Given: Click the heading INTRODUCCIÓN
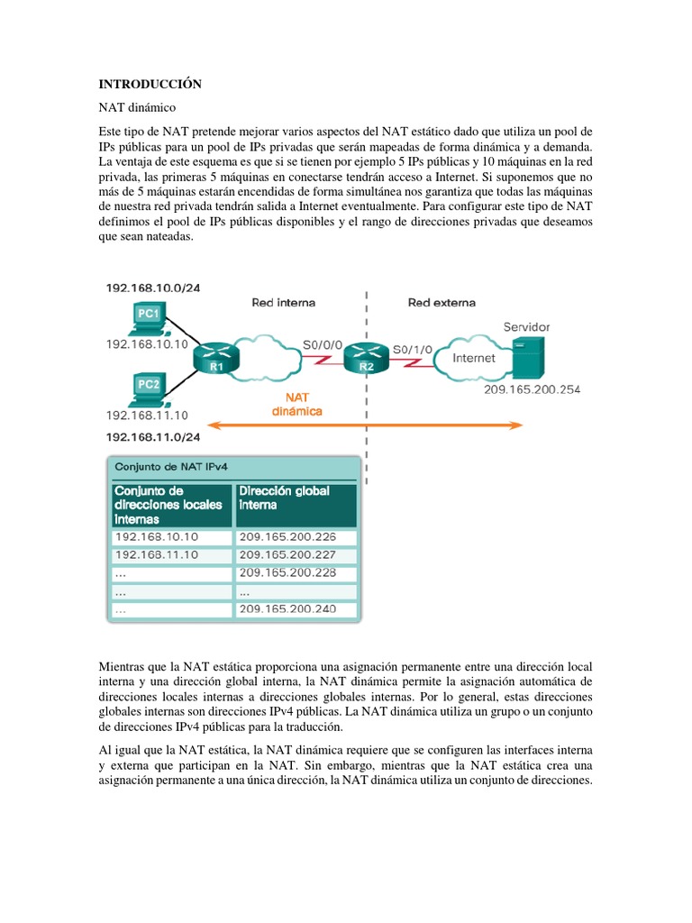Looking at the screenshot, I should tap(150, 84).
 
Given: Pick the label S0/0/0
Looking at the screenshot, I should tap(321, 343).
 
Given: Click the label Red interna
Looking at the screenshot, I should tap(283, 303).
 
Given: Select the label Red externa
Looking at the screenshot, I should tap(442, 303).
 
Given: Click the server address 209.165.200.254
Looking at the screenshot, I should tap(532, 389).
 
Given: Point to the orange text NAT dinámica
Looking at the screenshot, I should tap(298, 403).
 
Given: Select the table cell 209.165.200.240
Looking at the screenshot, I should tap(287, 609).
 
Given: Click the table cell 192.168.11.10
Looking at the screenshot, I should tap(157, 554).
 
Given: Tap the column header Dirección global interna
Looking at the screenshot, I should tap(283, 498).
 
